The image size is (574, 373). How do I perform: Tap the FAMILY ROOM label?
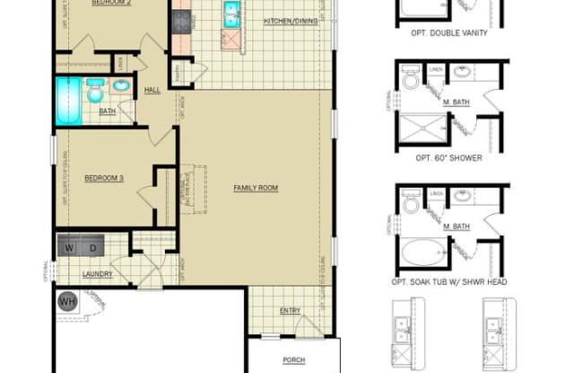[x=256, y=188]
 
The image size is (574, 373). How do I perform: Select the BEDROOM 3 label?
[x=103, y=178]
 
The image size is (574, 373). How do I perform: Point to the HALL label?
[x=152, y=89]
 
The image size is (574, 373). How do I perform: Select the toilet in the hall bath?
[x=94, y=88]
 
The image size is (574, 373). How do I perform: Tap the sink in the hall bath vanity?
[x=121, y=88]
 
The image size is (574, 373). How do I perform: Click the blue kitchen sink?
[x=230, y=13]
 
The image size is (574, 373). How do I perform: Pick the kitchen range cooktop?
[x=182, y=19]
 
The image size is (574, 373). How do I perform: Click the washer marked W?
[x=69, y=246]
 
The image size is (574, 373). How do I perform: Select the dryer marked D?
[x=91, y=246]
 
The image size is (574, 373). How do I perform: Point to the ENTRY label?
[x=290, y=311]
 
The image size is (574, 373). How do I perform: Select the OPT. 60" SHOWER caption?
[x=448, y=157]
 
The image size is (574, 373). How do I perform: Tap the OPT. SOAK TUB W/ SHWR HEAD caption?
[x=449, y=281]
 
